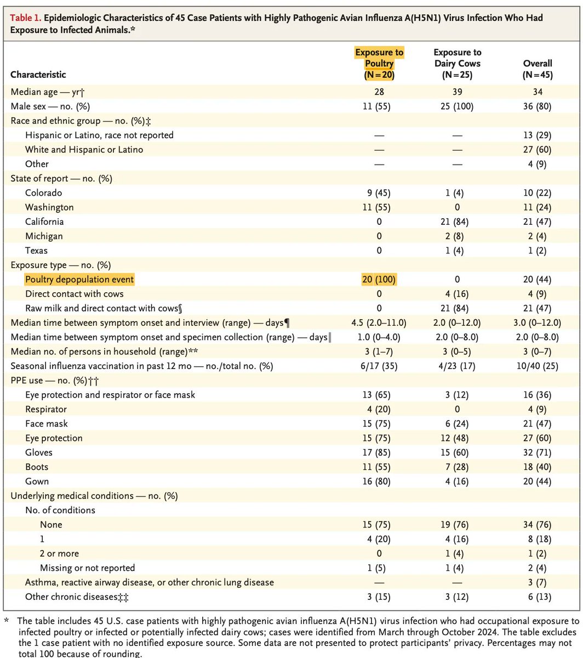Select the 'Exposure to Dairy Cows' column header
pyautogui.click(x=458, y=63)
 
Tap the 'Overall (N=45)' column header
pyautogui.click(x=538, y=69)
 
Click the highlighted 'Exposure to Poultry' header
pyautogui.click(x=379, y=63)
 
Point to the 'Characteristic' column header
pyautogui.click(x=38, y=75)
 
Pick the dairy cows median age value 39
pyautogui.click(x=458, y=92)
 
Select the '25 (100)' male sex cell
pyautogui.click(x=458, y=106)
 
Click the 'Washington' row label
pyautogui.click(x=49, y=207)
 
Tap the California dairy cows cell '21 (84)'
pyautogui.click(x=458, y=222)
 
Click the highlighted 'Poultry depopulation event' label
pyautogui.click(x=79, y=279)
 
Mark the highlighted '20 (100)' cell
pyautogui.click(x=379, y=279)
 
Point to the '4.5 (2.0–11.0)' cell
pyautogui.click(x=379, y=322)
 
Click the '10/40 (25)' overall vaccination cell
pyautogui.click(x=538, y=366)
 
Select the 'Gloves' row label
pyautogui.click(x=39, y=452)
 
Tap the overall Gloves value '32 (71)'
pyautogui.click(x=538, y=452)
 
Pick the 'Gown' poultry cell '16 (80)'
pyautogui.click(x=379, y=481)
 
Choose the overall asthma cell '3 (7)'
pyautogui.click(x=538, y=582)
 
